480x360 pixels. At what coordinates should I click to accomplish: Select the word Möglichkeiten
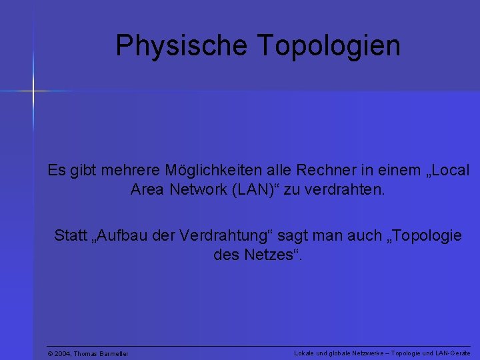click(x=210, y=171)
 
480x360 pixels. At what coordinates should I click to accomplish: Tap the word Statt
click(x=70, y=236)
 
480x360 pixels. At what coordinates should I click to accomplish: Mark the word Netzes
click(x=269, y=255)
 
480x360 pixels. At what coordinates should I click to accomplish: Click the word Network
click(x=197, y=189)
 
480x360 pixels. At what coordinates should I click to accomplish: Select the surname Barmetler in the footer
click(x=111, y=353)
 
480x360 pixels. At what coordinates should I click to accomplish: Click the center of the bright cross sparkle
click(x=31, y=89)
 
